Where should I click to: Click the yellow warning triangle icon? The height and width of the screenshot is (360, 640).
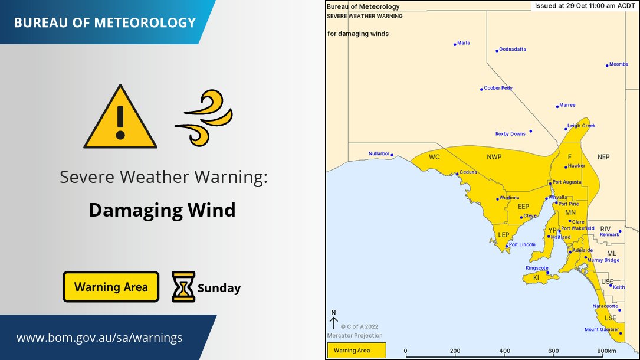tap(120, 118)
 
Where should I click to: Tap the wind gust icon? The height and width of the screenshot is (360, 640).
tap(204, 117)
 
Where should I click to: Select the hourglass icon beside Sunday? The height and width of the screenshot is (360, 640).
tap(183, 287)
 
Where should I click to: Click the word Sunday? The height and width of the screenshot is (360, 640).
tap(219, 288)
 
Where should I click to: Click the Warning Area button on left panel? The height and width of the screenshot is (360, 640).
tap(111, 287)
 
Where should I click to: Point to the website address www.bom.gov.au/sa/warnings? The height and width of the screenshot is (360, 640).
tap(99, 338)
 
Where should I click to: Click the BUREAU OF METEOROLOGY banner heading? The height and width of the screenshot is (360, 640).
tap(104, 23)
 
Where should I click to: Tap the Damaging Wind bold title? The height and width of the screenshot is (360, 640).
tap(162, 210)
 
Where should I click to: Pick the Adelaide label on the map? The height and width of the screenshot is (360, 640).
tap(582, 250)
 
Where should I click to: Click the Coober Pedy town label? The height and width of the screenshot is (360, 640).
tap(498, 88)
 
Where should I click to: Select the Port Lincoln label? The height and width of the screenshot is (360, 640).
tap(522, 244)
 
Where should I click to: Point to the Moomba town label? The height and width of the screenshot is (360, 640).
tap(619, 64)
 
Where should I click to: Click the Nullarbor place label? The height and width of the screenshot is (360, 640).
tap(379, 153)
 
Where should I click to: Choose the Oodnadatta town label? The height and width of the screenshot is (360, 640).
tap(512, 50)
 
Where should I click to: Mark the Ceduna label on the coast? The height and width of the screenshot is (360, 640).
tap(468, 172)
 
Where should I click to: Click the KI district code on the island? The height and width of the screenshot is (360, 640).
tap(536, 277)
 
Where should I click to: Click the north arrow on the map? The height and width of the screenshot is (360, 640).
tap(333, 320)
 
